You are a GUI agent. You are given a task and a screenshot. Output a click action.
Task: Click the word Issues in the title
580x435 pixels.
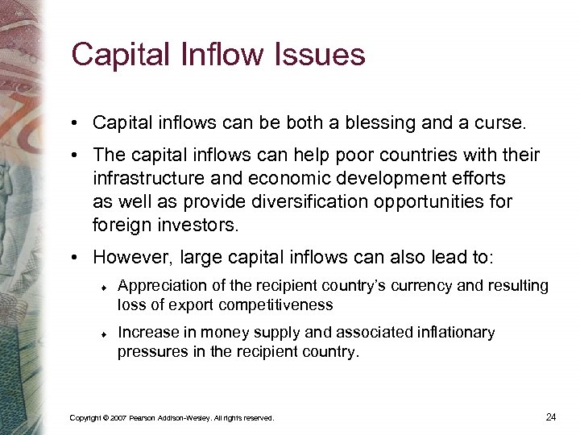click(x=322, y=55)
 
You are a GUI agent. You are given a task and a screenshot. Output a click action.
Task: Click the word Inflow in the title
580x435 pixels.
click(x=228, y=55)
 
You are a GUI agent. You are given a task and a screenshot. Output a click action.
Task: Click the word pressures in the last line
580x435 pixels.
click(x=147, y=351)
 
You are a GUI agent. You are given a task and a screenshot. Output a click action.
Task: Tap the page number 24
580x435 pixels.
click(x=551, y=416)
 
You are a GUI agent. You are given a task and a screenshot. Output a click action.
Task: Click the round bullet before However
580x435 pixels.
click(x=73, y=258)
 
